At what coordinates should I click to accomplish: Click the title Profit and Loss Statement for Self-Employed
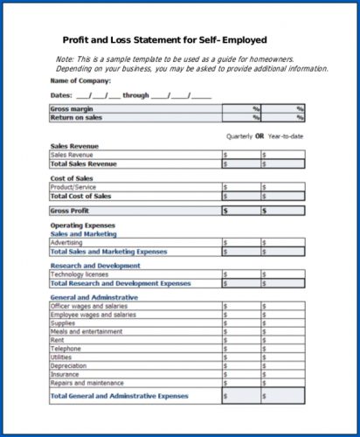click(x=165, y=40)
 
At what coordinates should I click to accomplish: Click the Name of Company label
click(x=80, y=80)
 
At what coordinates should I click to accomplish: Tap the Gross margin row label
click(x=71, y=108)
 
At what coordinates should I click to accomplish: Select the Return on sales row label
click(x=76, y=116)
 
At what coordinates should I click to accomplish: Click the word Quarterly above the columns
click(x=239, y=136)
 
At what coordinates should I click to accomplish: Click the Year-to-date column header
click(x=284, y=136)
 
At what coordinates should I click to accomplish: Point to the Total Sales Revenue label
click(x=84, y=163)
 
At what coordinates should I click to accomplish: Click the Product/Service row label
click(x=73, y=186)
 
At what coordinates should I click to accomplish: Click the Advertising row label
click(x=67, y=242)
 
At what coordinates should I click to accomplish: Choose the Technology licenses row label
click(x=79, y=274)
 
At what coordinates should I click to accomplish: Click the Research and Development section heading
click(x=94, y=266)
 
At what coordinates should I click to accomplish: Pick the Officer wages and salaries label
click(x=88, y=307)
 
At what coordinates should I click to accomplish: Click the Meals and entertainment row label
click(x=86, y=331)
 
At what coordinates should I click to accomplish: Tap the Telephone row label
click(x=65, y=349)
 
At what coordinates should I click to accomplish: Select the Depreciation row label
click(x=69, y=365)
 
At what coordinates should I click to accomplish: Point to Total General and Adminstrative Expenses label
click(x=119, y=396)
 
